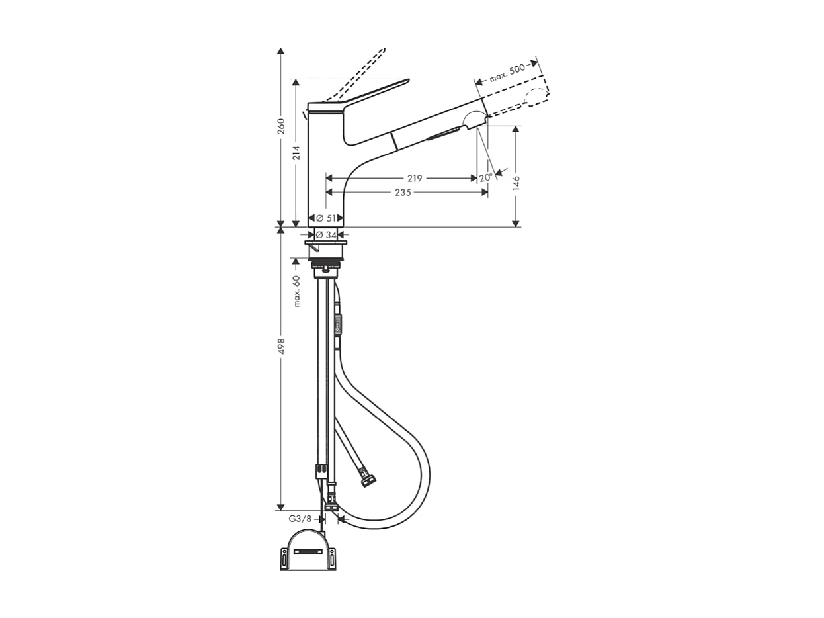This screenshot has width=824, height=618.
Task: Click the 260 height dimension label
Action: tap(280, 126)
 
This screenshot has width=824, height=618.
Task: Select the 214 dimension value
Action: tap(296, 152)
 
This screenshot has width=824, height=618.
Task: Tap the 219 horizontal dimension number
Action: tap(415, 178)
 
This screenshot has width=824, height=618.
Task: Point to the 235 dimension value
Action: tap(403, 192)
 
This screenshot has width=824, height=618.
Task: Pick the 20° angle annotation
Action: tap(485, 177)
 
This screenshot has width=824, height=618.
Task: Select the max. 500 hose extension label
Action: tap(507, 72)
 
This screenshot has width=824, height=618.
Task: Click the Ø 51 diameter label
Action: tap(326, 218)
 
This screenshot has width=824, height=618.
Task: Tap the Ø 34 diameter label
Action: tap(326, 234)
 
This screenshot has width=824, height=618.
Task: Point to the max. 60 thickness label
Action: tap(297, 290)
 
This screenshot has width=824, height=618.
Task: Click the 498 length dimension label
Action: tap(280, 346)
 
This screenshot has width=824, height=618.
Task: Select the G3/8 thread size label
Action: tap(300, 519)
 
